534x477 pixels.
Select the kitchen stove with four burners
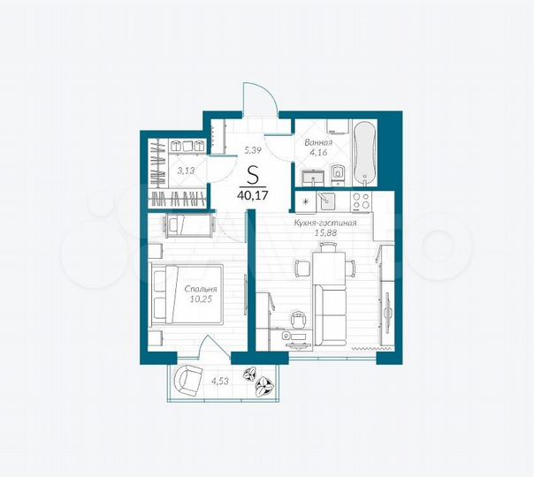(x=361, y=201)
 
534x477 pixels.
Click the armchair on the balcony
(x=187, y=381)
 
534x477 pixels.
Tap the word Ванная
(x=318, y=141)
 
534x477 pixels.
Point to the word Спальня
(x=201, y=289)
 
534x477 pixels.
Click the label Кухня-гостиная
(x=325, y=223)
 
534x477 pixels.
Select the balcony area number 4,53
(x=221, y=382)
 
